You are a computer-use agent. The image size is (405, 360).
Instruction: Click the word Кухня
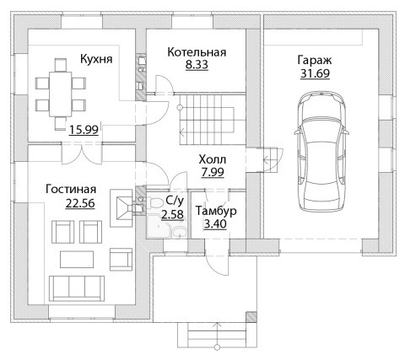96,59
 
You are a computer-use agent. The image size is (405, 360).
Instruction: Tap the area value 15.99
84,130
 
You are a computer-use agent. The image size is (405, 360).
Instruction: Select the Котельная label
197,52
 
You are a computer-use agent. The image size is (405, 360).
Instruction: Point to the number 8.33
197,65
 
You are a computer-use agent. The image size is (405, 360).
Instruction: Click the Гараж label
315,61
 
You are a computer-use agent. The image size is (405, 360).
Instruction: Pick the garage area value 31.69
315,73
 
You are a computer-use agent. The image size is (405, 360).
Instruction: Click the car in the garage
321,151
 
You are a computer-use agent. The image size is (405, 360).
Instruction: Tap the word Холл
213,159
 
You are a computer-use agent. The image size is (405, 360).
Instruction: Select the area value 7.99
213,172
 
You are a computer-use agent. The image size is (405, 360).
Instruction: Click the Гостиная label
71,190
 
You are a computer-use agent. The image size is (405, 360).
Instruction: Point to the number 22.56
80,203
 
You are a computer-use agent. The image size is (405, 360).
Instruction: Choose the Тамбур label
216,212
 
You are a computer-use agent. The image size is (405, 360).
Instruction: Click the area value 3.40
215,224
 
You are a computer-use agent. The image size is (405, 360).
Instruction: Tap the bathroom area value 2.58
172,215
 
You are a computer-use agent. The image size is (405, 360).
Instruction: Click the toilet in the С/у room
154,203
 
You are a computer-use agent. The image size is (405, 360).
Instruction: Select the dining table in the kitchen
61,94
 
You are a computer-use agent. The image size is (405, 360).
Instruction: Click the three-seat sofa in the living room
77,288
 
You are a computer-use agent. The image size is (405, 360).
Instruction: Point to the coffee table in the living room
77,260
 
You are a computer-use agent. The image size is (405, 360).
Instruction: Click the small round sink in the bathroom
180,233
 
